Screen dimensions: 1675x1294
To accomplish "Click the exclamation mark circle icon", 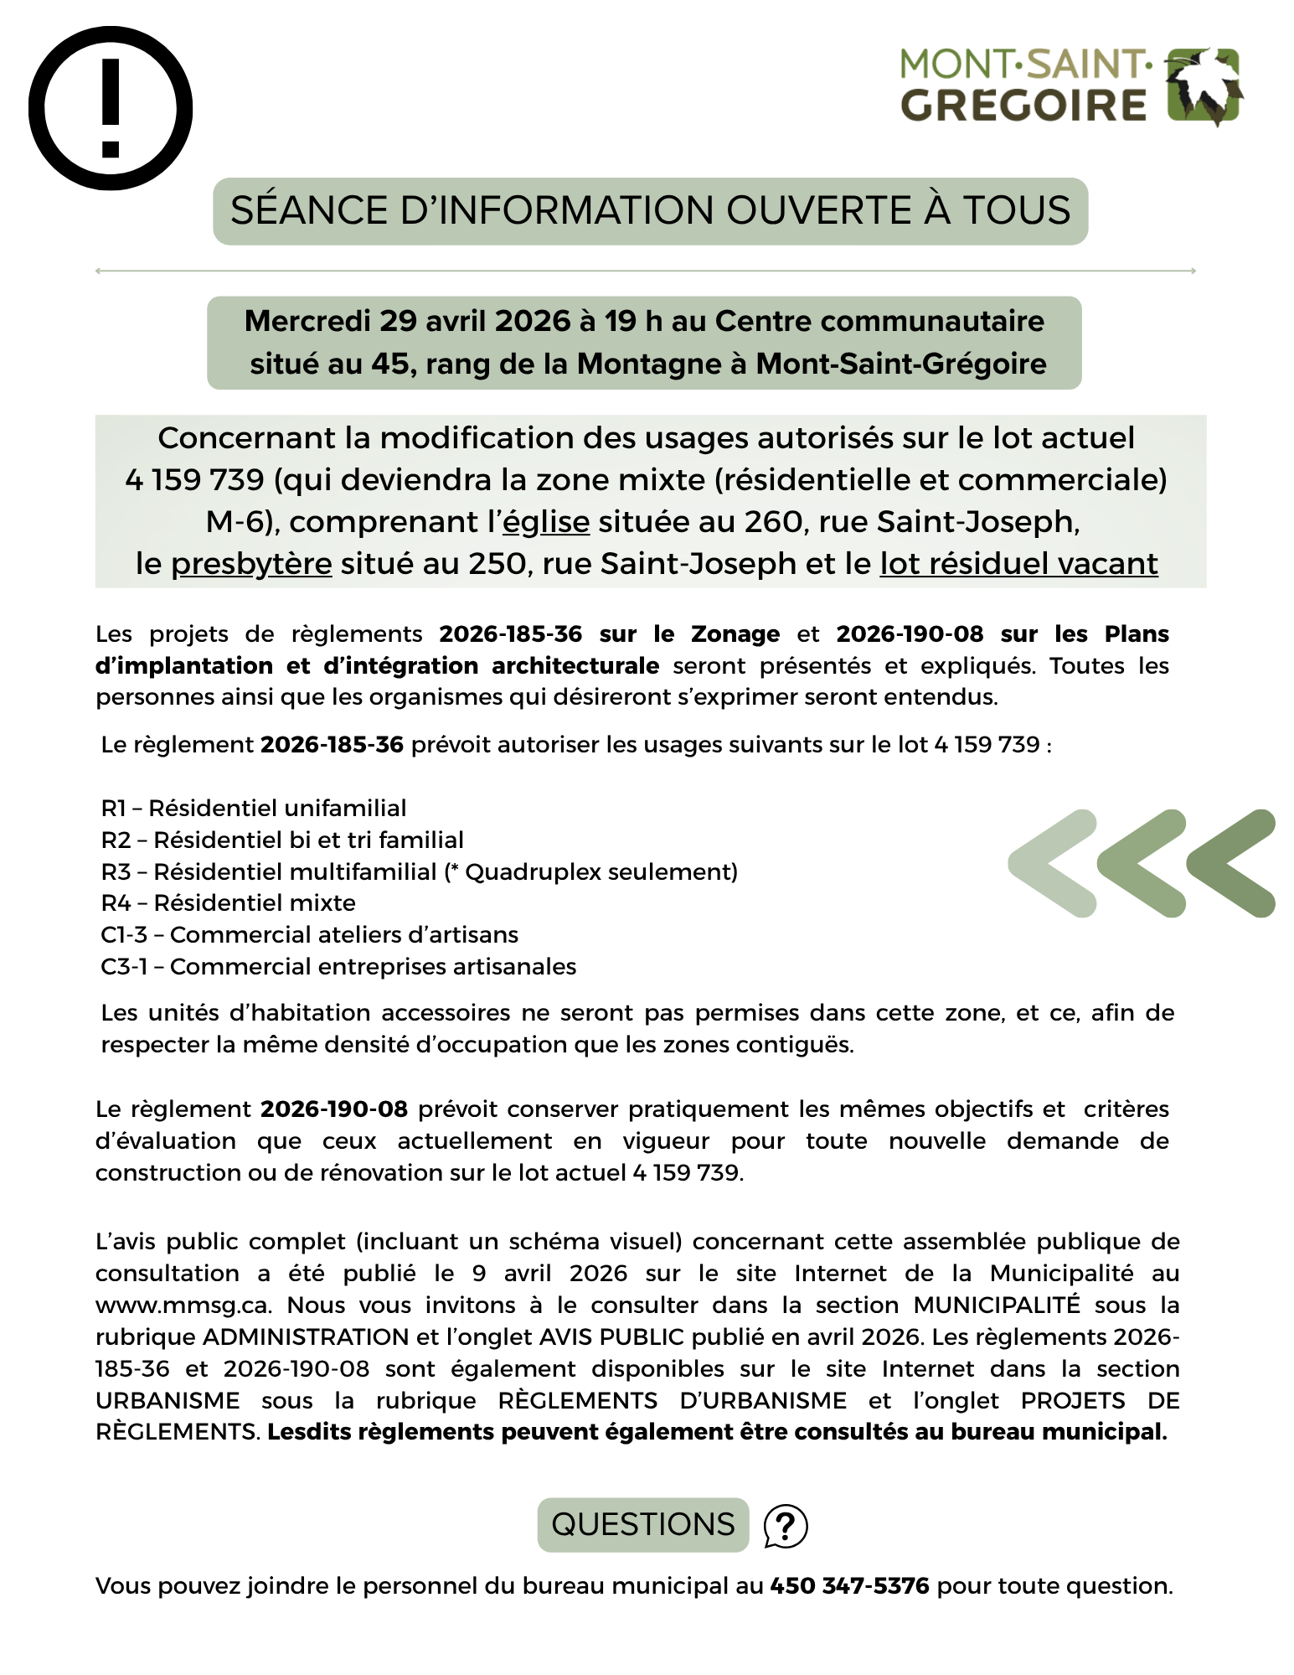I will pos(111,109).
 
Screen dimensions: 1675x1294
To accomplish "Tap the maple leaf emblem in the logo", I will pos(1204,86).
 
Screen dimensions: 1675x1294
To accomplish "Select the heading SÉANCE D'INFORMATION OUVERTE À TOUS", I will pos(650,211).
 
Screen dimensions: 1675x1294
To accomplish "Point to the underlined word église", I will pos(546,522).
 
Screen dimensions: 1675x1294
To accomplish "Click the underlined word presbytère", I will pos(251,564).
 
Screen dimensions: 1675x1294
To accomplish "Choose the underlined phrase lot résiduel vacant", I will pos(1018,564).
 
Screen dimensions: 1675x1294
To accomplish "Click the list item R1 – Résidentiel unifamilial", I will pos(254,809).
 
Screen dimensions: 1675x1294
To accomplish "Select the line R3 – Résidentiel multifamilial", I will pos(419,872).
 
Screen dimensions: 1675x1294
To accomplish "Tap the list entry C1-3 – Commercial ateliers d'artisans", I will pos(310,935).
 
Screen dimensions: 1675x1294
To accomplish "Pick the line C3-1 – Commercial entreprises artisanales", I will pos(338,967).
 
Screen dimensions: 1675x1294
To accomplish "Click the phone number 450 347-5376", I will pos(849,1586).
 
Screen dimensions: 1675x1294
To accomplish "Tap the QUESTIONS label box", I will pos(642,1525).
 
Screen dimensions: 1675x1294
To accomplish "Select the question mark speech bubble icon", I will pos(786,1526).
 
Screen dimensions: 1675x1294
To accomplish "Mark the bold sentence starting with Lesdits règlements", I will pos(717,1432).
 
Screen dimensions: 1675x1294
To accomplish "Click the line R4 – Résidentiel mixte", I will pos(229,903).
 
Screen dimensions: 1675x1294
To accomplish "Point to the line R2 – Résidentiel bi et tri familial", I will pos(282,840).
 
